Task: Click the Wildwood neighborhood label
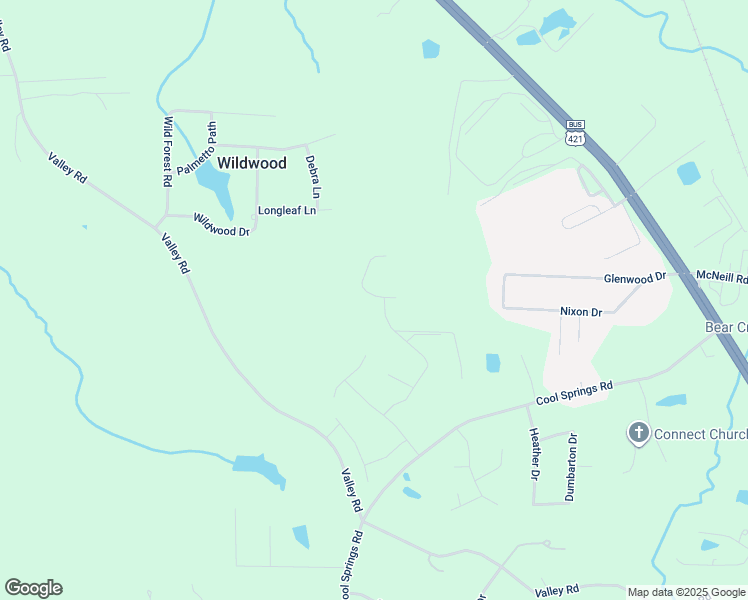[252, 163]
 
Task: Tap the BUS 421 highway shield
[575, 134]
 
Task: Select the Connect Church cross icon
[638, 433]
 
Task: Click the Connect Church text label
[700, 434]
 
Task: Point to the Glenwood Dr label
[635, 278]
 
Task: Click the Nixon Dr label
[581, 312]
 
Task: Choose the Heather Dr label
[533, 453]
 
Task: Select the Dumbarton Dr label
[571, 466]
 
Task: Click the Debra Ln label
[312, 176]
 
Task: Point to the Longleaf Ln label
[287, 211]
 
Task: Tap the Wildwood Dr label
[221, 225]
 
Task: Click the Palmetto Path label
[196, 149]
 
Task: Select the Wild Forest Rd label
[168, 152]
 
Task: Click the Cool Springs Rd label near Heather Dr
[574, 393]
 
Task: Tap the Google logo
[33, 588]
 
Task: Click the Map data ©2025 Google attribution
[685, 592]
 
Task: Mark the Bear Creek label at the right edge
[727, 328]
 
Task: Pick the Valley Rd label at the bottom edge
[557, 590]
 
